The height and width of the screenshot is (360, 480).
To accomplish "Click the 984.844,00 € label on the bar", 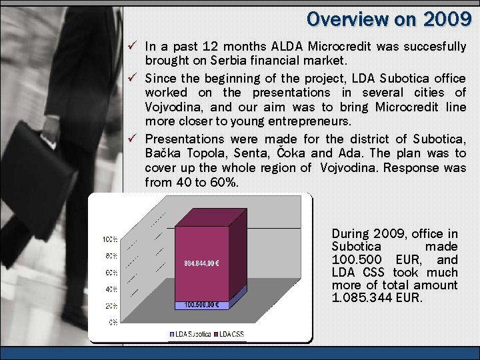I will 203,262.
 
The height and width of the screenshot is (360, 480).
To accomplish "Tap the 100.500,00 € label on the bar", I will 202,305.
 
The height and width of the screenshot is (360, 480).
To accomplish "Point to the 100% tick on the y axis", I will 110,239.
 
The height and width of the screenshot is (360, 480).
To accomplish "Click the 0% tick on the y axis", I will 114,322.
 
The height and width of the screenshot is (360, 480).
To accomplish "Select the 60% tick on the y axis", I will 111,273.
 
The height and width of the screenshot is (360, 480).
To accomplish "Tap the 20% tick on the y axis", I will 111,305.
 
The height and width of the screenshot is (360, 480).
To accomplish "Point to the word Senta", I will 253,153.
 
